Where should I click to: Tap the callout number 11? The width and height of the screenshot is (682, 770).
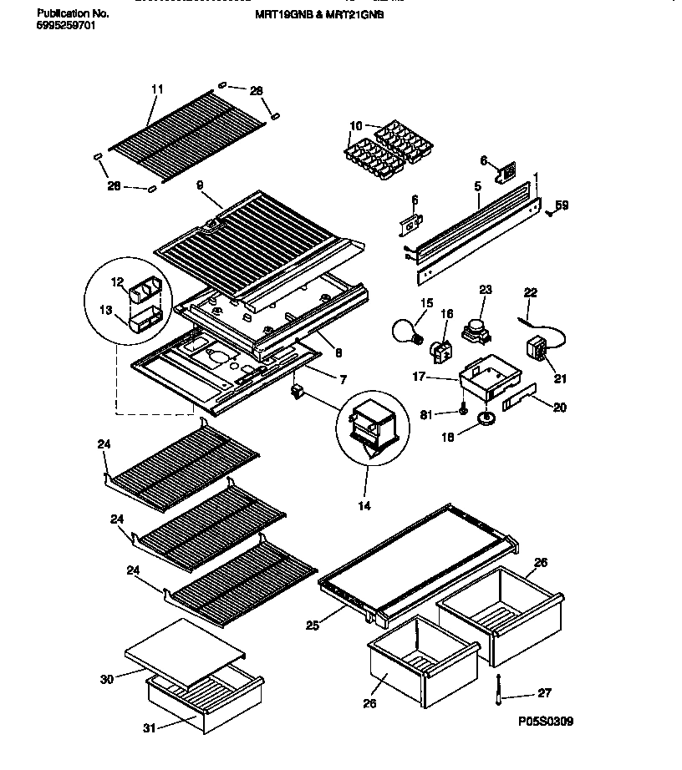click(x=157, y=89)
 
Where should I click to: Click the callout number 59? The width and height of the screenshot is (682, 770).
click(x=562, y=205)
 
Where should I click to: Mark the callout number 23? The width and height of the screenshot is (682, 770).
click(x=486, y=291)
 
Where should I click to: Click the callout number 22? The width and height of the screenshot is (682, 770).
click(x=530, y=291)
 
